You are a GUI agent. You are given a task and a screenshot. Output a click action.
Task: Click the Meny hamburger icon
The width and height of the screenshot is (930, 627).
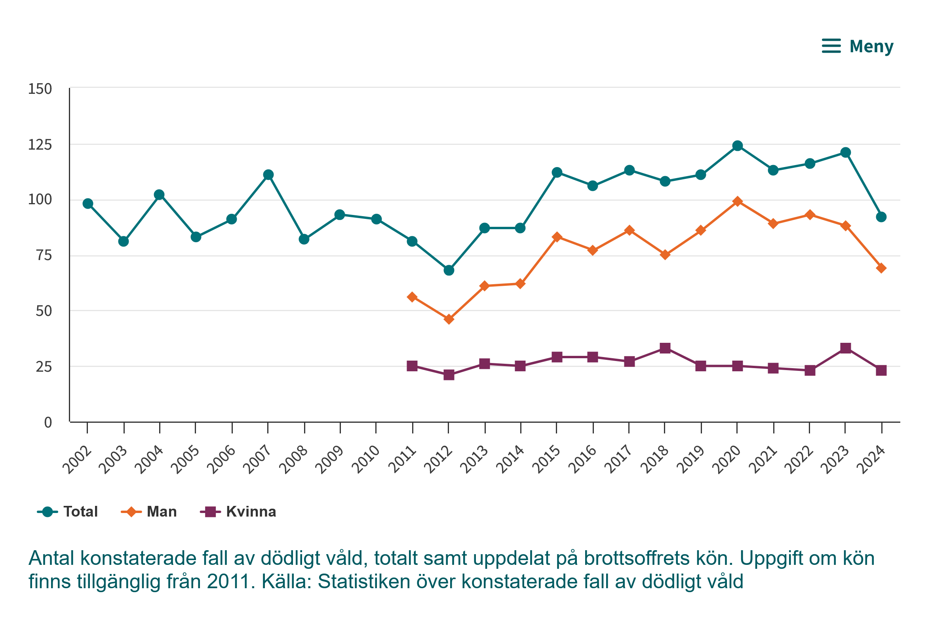tap(831, 46)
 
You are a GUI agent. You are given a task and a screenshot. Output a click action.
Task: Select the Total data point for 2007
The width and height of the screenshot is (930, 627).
tap(268, 175)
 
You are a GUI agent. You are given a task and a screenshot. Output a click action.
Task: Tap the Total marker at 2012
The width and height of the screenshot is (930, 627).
tap(449, 270)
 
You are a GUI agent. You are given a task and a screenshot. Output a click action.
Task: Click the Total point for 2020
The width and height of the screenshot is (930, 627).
tap(738, 146)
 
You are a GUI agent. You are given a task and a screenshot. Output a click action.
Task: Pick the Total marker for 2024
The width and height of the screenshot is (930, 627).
tap(881, 217)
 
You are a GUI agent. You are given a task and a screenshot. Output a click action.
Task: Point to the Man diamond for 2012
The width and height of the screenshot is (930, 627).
tap(449, 319)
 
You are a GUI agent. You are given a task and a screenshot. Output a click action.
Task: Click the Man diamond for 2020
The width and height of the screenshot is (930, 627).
tap(738, 201)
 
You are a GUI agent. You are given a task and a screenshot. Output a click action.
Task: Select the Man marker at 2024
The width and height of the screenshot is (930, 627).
tap(881, 268)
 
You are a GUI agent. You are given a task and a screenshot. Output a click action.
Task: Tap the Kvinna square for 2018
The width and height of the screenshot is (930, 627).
tap(665, 348)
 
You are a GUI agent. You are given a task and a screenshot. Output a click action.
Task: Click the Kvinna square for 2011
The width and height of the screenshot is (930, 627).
tap(412, 366)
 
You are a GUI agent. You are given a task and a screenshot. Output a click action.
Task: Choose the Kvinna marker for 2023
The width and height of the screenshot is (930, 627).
tap(846, 348)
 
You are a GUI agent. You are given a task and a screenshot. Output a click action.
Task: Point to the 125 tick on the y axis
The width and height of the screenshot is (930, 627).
tap(40, 145)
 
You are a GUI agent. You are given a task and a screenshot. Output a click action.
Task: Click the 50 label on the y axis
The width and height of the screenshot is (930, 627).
tap(44, 311)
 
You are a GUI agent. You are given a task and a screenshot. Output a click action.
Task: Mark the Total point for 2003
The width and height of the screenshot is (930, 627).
tap(124, 241)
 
